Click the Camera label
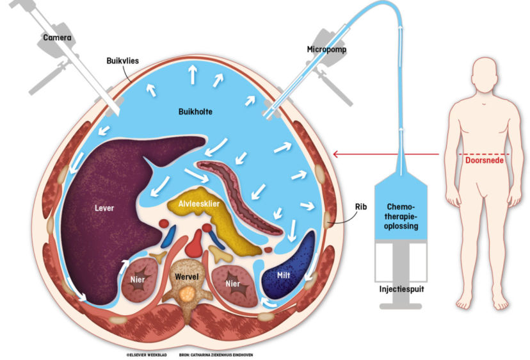point(57,38)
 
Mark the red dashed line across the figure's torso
point(485,154)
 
